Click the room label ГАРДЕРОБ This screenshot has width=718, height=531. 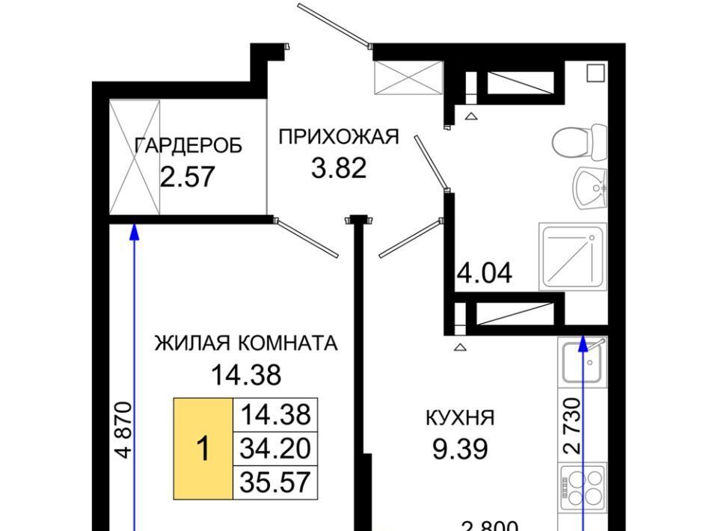pos(188,146)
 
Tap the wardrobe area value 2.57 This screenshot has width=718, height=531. pos(187,177)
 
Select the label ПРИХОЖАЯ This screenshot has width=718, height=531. pos(339,136)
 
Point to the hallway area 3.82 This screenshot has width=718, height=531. pos(339,168)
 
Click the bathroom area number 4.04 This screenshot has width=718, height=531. pos(485,273)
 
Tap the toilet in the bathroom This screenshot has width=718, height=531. pos(580,141)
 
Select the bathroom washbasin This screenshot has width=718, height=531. pos(591,188)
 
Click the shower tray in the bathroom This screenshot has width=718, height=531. pos(574,257)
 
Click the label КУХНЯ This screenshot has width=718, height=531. pos(460,417)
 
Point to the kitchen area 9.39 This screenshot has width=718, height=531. pos(460,449)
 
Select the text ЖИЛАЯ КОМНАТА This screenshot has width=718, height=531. pos(246,343)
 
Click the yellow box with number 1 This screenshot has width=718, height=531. pos(203,449)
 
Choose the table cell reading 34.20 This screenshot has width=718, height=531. pos(275,449)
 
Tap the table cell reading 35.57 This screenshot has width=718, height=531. pos(275,482)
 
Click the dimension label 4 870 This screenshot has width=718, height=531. pos(123,430)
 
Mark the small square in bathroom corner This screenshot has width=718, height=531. pos(596,73)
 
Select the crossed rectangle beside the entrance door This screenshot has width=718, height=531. pos(409,78)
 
